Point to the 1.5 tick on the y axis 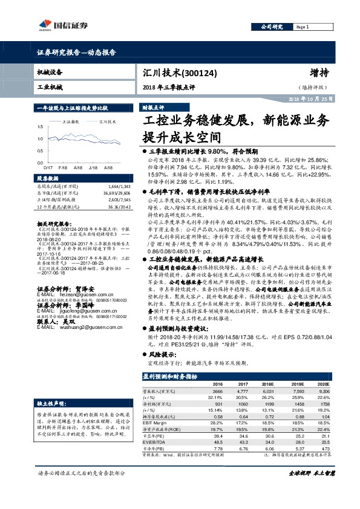41,127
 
